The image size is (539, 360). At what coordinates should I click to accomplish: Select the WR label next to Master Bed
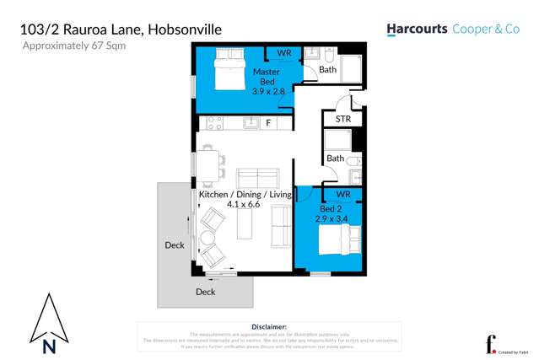pyautogui.click(x=284, y=54)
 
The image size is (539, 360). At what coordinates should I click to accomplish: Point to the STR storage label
pyautogui.click(x=342, y=120)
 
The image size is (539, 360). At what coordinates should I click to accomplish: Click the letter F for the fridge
pyautogui.click(x=268, y=123)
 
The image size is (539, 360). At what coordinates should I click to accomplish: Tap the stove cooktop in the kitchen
pyautogui.click(x=213, y=123)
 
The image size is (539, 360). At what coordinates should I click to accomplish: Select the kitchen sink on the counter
pyautogui.click(x=251, y=123)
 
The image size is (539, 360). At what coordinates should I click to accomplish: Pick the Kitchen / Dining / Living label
pyautogui.click(x=245, y=195)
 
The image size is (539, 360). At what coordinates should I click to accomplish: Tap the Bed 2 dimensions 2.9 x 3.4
pyautogui.click(x=331, y=218)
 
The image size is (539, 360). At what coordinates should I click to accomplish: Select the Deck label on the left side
pyautogui.click(x=175, y=245)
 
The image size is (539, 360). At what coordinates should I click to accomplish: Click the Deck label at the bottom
pyautogui.click(x=205, y=292)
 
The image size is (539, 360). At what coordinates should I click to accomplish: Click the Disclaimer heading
pyautogui.click(x=269, y=326)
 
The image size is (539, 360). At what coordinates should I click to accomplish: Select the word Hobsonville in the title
pyautogui.click(x=186, y=30)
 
